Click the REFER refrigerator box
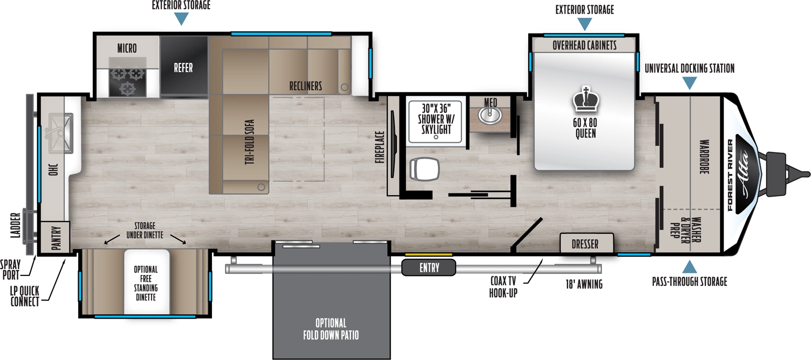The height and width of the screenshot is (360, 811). click(x=183, y=67)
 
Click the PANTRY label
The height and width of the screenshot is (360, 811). click(x=56, y=237)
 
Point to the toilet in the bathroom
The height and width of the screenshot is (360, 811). click(x=424, y=169)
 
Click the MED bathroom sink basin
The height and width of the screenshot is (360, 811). click(x=490, y=116)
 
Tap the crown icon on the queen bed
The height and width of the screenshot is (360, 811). click(x=586, y=100)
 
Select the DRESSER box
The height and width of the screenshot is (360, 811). click(x=585, y=244)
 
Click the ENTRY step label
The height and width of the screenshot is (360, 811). click(x=429, y=268)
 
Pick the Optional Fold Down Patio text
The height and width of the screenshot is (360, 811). click(x=331, y=329)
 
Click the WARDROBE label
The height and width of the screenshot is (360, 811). click(x=704, y=157)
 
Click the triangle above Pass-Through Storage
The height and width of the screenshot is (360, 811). click(x=689, y=267)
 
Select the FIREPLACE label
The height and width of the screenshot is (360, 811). click(x=380, y=147)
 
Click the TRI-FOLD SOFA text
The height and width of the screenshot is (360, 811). click(x=249, y=142)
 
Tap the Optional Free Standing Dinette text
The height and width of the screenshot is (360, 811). click(x=145, y=283)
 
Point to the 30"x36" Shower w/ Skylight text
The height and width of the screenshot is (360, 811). click(x=436, y=119)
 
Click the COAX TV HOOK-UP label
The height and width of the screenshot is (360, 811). click(x=503, y=287)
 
